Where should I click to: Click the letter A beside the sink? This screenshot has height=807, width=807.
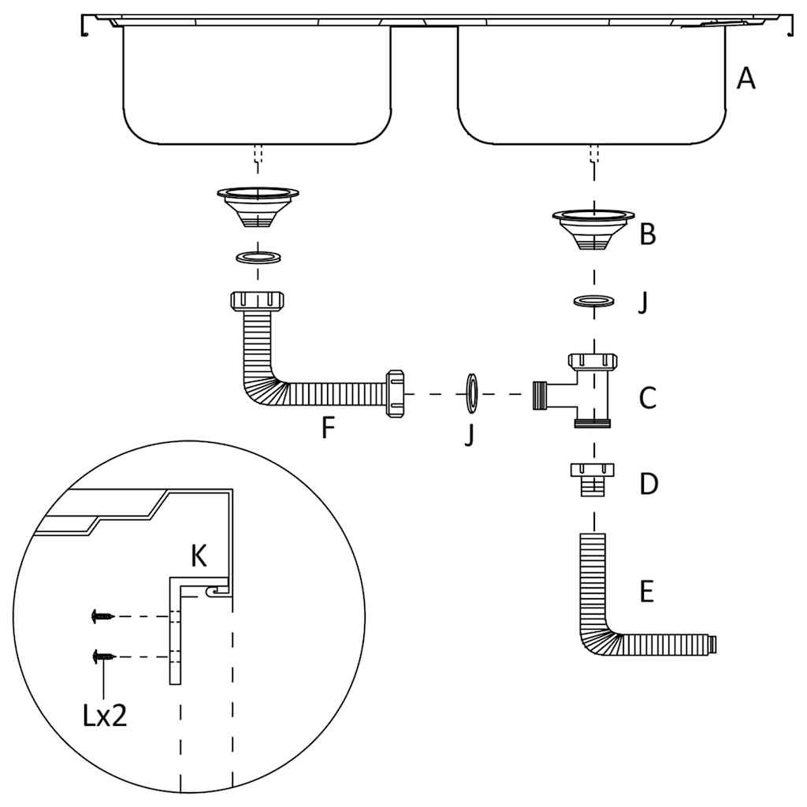pyautogui.click(x=745, y=79)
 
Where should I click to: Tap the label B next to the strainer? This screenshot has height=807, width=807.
pyautogui.click(x=647, y=234)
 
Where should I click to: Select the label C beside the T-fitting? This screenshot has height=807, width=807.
pyautogui.click(x=647, y=398)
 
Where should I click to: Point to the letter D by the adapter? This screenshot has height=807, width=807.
pyautogui.click(x=648, y=484)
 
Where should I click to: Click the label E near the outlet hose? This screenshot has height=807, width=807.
pyautogui.click(x=646, y=592)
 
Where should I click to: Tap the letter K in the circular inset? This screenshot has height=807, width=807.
pyautogui.click(x=199, y=556)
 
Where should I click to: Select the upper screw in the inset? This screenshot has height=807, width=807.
pyautogui.click(x=102, y=615)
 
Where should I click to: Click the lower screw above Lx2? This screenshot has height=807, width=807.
pyautogui.click(x=102, y=655)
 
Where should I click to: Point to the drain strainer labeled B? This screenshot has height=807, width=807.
pyautogui.click(x=593, y=228)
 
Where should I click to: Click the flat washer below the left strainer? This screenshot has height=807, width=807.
pyautogui.click(x=257, y=257)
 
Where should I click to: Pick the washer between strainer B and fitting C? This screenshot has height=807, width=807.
pyautogui.click(x=593, y=301)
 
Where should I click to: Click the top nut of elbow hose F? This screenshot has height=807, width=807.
pyautogui.click(x=257, y=300)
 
